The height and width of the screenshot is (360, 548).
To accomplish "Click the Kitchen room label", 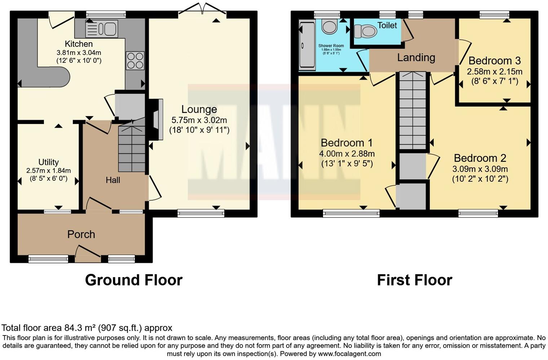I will (x=79, y=44).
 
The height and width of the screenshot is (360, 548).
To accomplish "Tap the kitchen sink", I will (x=102, y=29).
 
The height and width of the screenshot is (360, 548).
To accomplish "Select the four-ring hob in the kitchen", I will (x=135, y=61).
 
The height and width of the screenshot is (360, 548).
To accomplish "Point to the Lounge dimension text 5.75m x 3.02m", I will (x=199, y=120).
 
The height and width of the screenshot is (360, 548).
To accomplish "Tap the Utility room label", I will (x=48, y=162).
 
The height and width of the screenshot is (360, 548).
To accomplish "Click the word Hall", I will (x=113, y=180).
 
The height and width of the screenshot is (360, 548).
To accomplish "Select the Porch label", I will (x=81, y=234).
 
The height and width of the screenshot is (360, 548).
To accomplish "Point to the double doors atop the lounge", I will (x=202, y=9).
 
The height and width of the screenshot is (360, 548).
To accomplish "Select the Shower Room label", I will (x=331, y=46).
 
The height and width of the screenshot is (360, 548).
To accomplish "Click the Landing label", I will (x=416, y=58).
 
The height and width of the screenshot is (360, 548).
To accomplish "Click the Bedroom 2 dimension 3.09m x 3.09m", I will (x=480, y=169).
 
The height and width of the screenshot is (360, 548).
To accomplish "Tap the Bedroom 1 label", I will (x=346, y=143).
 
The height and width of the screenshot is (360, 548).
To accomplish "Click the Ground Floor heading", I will (x=134, y=280).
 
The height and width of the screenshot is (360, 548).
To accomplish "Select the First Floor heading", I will (x=415, y=280).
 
